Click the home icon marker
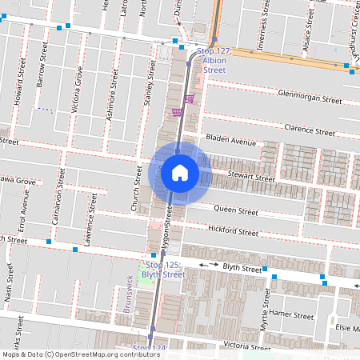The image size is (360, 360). (x=179, y=173)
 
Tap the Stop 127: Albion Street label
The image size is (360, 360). (x=214, y=60)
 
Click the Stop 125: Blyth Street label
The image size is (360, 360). (x=166, y=269)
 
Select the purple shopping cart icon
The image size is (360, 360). (x=189, y=99)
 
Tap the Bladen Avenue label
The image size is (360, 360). (x=230, y=140)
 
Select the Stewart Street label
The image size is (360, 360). (x=250, y=177)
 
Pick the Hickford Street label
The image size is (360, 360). (x=233, y=232)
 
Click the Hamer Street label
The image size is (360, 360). (x=290, y=314)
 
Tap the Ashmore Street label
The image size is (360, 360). (x=111, y=104)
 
